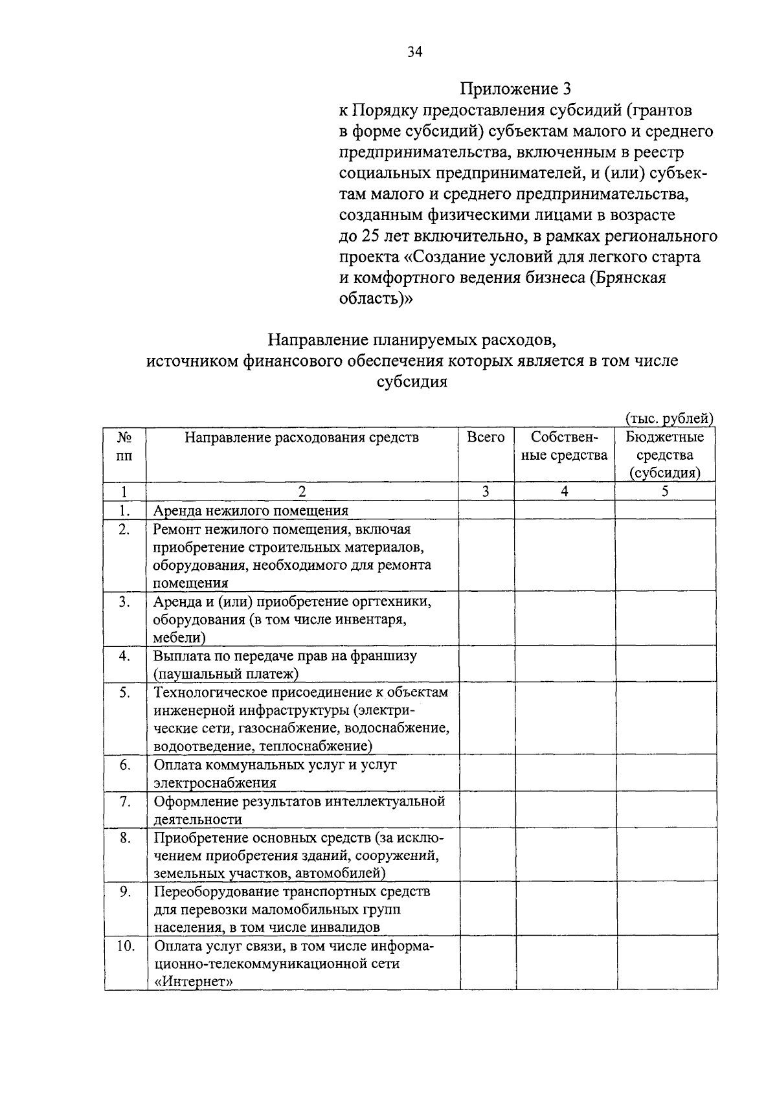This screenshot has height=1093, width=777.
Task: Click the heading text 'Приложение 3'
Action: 516,89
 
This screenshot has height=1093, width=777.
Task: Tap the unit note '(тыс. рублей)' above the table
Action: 669,419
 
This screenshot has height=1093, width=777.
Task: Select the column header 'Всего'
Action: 486,438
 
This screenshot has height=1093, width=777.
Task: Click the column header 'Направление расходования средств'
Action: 302,438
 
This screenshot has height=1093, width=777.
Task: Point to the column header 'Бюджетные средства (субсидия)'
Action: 665,455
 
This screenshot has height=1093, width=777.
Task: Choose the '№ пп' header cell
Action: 124,447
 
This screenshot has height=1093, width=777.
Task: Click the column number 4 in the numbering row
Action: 564,491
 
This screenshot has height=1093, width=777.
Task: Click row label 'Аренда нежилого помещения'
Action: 251,511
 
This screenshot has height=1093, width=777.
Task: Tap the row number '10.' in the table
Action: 125,946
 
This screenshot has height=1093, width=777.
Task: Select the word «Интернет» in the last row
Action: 193,982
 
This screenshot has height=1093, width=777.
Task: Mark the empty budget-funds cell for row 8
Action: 666,855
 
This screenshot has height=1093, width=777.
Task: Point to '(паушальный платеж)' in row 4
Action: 226,674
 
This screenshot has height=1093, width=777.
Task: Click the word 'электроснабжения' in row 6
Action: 215,783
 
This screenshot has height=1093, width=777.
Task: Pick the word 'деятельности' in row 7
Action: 197,819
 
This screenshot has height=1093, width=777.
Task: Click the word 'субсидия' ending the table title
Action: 412,381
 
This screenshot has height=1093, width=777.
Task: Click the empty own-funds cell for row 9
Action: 565,909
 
